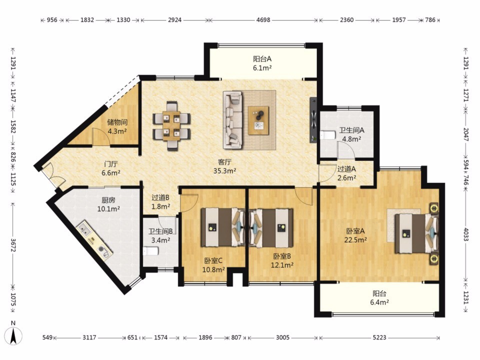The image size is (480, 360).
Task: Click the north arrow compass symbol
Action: click(x=13, y=336)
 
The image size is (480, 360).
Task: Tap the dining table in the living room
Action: click(x=171, y=125)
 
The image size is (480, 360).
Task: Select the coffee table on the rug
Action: click(x=258, y=120)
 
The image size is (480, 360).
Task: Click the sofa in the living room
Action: click(x=232, y=120)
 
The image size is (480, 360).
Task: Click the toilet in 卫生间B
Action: click(x=150, y=251)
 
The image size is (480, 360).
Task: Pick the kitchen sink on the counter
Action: click(x=84, y=229)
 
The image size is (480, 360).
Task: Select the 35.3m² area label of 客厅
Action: click(x=224, y=171)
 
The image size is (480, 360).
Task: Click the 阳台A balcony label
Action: click(x=262, y=58)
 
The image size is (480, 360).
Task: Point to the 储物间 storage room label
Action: click(x=117, y=122)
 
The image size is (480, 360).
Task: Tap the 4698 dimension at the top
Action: click(x=263, y=20)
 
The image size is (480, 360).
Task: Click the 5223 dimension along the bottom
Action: click(x=379, y=337)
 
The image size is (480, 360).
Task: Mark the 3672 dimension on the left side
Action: click(x=13, y=245)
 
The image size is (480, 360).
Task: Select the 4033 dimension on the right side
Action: click(x=465, y=234)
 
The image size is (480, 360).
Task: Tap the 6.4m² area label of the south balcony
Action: click(x=379, y=302)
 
